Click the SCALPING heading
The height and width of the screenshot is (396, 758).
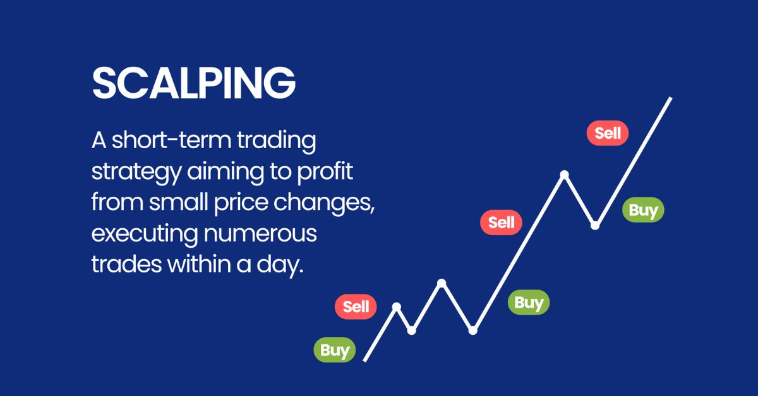click(x=194, y=83)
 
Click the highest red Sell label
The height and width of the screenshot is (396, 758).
click(x=608, y=133)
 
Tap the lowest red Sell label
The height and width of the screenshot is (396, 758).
click(x=356, y=307)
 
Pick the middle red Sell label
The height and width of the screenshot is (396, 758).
click(x=502, y=222)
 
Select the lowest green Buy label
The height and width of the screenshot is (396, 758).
click(x=335, y=350)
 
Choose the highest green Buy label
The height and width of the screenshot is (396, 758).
click(x=643, y=210)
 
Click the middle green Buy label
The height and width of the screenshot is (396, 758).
click(x=529, y=303)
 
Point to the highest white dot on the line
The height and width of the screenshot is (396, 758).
click(x=565, y=174)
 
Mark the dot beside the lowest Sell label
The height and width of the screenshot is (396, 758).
click(x=397, y=306)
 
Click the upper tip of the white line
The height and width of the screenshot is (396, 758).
click(x=670, y=99)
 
